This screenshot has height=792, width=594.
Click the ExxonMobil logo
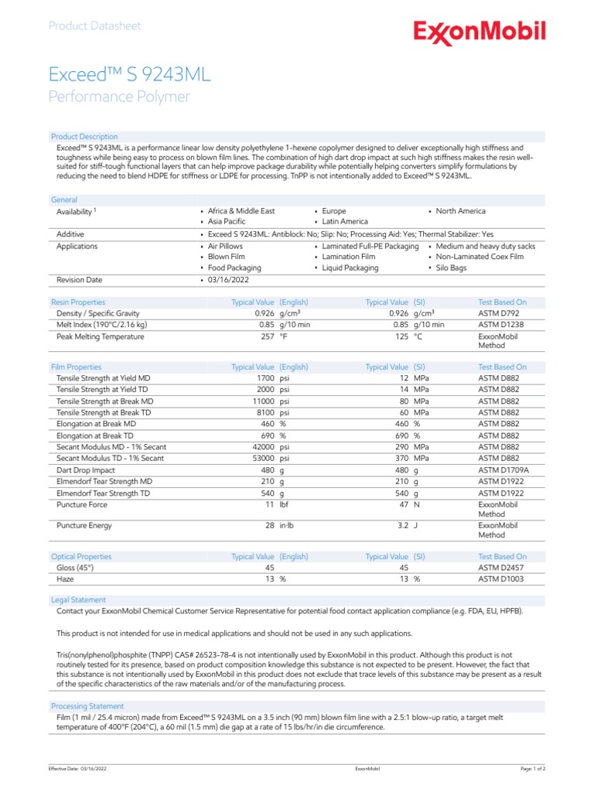479,32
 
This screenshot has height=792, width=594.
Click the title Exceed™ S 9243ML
129,74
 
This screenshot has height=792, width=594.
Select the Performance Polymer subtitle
119,97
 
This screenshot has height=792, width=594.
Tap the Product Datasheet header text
94,26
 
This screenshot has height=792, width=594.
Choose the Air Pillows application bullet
225,246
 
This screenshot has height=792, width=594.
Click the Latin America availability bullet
345,221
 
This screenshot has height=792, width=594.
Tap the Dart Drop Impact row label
86,469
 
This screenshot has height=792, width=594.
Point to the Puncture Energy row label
84,525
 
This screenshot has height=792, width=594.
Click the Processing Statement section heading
87,706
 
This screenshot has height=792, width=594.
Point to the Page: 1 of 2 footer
533,769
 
